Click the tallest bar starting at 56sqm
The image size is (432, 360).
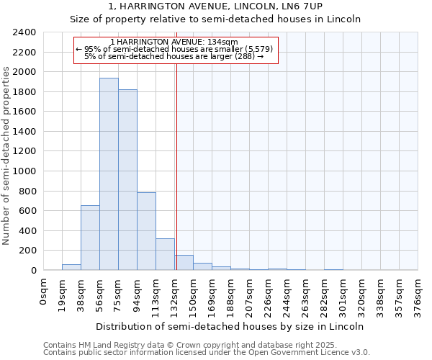109,174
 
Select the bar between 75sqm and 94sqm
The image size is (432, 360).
127,179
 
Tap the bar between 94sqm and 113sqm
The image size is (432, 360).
146,231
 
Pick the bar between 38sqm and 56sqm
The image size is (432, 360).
90,238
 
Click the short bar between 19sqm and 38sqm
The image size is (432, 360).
71,267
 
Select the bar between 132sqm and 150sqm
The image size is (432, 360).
184,263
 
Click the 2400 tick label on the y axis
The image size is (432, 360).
24,32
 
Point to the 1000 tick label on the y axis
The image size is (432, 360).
24,171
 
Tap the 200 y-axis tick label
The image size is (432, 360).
27,251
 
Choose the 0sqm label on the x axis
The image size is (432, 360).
44,290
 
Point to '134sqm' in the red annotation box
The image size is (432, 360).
213,42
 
